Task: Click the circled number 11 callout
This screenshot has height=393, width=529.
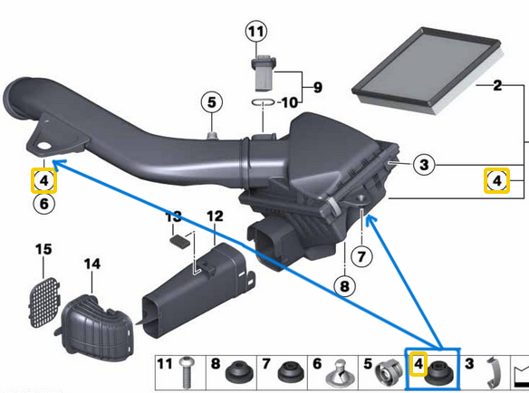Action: click(256, 32)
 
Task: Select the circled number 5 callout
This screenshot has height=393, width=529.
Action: click(212, 102)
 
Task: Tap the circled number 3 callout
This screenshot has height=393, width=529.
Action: click(424, 165)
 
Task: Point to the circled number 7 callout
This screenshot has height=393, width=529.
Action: click(361, 256)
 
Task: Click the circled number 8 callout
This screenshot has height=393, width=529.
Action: click(344, 286)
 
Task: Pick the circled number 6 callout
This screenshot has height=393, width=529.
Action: click(44, 204)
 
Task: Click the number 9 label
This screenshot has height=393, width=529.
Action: click(318, 87)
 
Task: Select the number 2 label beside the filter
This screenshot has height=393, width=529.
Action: click(497, 85)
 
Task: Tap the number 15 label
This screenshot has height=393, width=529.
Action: click(43, 249)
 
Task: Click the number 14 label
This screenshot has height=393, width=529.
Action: click(92, 264)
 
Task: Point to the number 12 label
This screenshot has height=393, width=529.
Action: click(215, 216)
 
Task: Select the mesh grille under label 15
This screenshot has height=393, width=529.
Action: click(43, 302)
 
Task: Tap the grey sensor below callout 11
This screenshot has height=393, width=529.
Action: click(264, 74)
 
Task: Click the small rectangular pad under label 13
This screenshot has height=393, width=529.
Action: click(180, 242)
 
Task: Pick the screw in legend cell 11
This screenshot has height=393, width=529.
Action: click(185, 373)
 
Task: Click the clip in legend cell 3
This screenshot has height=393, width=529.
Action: click(493, 374)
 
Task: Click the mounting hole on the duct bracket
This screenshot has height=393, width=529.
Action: click(43, 146)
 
